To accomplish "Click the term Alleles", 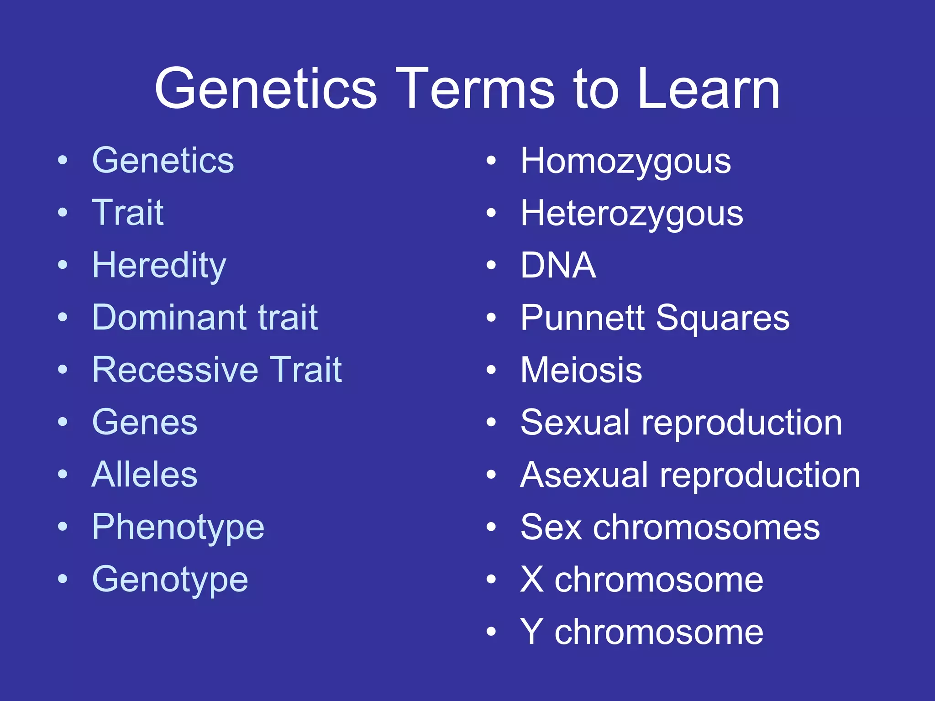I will [x=144, y=475].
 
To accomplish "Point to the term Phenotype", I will [x=178, y=528].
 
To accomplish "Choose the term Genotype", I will [x=170, y=580].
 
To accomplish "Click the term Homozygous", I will [x=625, y=162].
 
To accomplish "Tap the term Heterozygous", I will [x=632, y=214].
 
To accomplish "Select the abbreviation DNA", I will [x=558, y=265].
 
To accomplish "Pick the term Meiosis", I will [x=581, y=370].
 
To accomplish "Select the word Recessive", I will [x=174, y=370].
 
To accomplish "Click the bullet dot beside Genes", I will [x=63, y=422].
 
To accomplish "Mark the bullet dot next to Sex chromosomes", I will [x=491, y=527].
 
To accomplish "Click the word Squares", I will [x=723, y=318].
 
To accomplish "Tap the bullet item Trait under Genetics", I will [x=128, y=213].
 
